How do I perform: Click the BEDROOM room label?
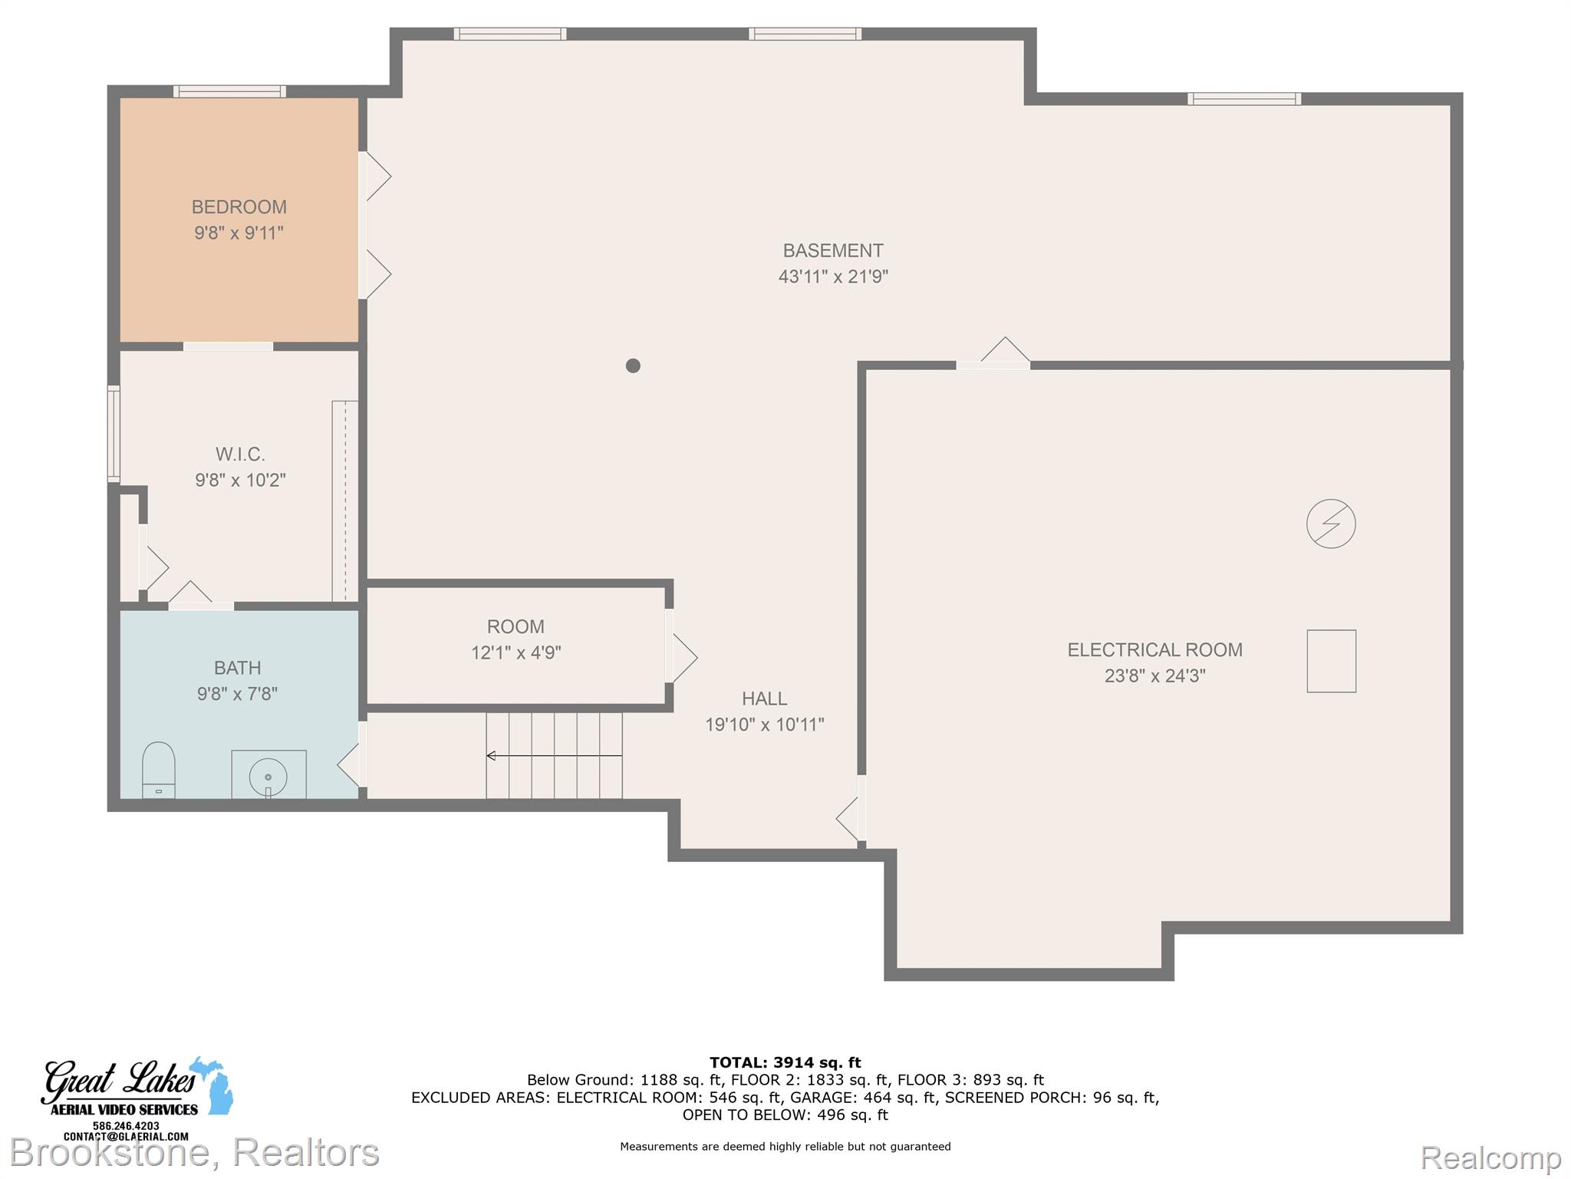[x=239, y=207]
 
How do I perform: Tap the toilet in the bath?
[x=159, y=770]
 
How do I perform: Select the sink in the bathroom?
[x=268, y=774]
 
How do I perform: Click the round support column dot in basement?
[x=633, y=366]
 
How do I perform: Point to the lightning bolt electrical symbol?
[x=1331, y=523]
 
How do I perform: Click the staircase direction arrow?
[x=554, y=756]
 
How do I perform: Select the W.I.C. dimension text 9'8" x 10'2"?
[x=240, y=481]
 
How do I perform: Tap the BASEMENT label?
[x=833, y=251]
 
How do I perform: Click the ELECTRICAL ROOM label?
[x=1155, y=650]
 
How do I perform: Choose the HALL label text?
[x=764, y=698]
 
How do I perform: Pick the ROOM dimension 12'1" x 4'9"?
[x=516, y=652]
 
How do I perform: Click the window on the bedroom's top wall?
[x=229, y=91]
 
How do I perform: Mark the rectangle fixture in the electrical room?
[x=1332, y=661]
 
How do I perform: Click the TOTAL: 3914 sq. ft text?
[x=785, y=1062]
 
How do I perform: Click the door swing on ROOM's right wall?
[x=681, y=657]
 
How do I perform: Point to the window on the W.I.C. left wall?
[x=114, y=434]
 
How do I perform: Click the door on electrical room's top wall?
[x=993, y=353]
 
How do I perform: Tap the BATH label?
[x=237, y=668]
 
